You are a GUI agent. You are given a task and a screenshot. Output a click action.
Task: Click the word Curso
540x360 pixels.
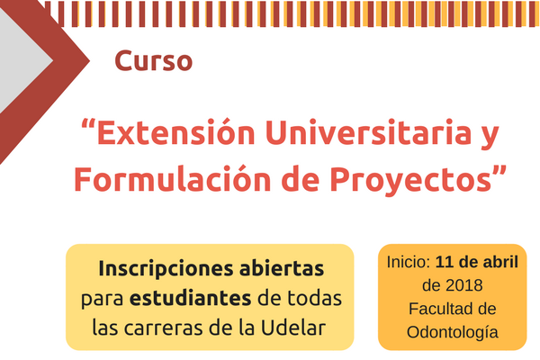pos(153,61)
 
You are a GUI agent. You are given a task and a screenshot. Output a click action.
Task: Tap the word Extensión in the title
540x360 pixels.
pos(176,132)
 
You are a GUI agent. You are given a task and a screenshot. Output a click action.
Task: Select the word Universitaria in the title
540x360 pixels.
pos(368,132)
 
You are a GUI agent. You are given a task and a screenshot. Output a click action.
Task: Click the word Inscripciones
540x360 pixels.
pos(166,269)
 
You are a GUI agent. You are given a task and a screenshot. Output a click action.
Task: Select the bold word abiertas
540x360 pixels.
pos(282,268)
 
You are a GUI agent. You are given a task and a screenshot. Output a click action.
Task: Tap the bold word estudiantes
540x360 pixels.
pos(190,298)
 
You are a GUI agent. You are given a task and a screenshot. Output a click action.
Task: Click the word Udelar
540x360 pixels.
pos(293,328)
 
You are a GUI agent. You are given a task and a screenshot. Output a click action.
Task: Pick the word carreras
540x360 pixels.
pos(164,328)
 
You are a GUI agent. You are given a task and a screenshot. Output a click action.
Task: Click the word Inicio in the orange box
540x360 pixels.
pos(409,262)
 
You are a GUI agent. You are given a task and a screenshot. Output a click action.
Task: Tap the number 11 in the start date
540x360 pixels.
pos(443,262)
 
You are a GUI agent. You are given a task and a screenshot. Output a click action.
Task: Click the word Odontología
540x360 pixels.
pos(452,333)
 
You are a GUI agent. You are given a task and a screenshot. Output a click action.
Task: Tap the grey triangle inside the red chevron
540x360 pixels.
pos(21,61)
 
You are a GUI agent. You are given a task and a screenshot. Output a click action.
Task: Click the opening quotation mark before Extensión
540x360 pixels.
pos(88,124)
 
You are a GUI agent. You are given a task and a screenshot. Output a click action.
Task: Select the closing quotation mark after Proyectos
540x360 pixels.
pos(499,171)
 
